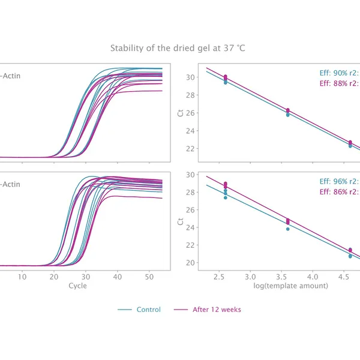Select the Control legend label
click(149, 310)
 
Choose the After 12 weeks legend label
click(217, 310)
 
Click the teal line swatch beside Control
click(125, 310)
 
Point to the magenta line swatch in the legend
click(181, 310)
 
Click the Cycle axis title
click(77, 286)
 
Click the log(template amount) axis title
click(290, 286)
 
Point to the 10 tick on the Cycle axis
click(22, 277)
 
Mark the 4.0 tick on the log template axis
click(312, 277)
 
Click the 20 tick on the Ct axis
click(191, 263)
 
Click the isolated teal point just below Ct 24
click(288, 229)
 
